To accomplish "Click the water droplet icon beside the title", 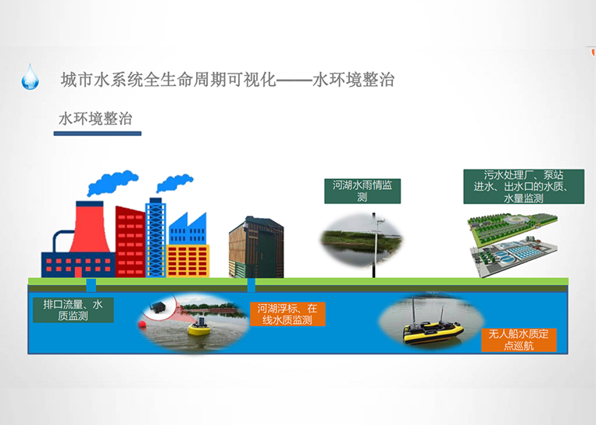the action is pyautogui.click(x=30, y=77).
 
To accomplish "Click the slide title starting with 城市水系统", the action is pyautogui.click(x=227, y=80).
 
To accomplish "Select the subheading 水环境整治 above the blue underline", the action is pyautogui.click(x=95, y=119).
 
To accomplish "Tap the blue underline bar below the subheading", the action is pyautogui.click(x=98, y=134).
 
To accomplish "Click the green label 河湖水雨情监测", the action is pyautogui.click(x=362, y=191).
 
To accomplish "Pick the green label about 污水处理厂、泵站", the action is pyautogui.click(x=524, y=187).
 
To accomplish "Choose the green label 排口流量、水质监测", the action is pyautogui.click(x=73, y=310).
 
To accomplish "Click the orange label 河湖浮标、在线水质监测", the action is pyautogui.click(x=287, y=314).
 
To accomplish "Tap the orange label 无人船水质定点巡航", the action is pyautogui.click(x=519, y=340).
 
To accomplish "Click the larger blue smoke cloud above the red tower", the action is pyautogui.click(x=112, y=183).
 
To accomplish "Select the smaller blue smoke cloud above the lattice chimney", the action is pyautogui.click(x=174, y=184).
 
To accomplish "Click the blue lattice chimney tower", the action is pyautogui.click(x=156, y=237).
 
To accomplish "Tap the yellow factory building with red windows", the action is pyautogui.click(x=187, y=261).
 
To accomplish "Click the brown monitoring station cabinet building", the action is pyautogui.click(x=256, y=247).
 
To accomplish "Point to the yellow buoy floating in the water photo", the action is pyautogui.click(x=199, y=327).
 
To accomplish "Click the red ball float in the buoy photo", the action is pyautogui.click(x=142, y=324).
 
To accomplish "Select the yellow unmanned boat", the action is pyautogui.click(x=434, y=330).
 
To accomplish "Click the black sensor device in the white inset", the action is pyautogui.click(x=156, y=307).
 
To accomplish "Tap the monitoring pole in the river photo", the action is pyautogui.click(x=374, y=245).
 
